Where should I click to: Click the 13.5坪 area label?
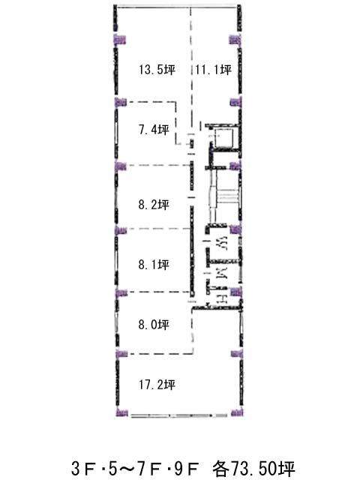(157, 70)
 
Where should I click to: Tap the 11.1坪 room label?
(213, 70)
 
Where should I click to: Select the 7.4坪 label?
(154, 130)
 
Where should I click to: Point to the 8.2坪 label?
(154, 205)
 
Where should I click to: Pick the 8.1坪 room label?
(154, 265)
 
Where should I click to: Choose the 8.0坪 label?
(154, 325)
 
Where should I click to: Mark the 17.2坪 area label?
(157, 385)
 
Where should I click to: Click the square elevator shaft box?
(224, 138)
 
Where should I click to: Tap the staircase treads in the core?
(227, 196)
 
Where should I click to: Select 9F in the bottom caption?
(187, 468)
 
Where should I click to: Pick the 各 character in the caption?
(220, 468)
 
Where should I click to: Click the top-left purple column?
(120, 40)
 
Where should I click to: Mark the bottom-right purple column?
(237, 412)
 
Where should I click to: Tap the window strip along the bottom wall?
(179, 415)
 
